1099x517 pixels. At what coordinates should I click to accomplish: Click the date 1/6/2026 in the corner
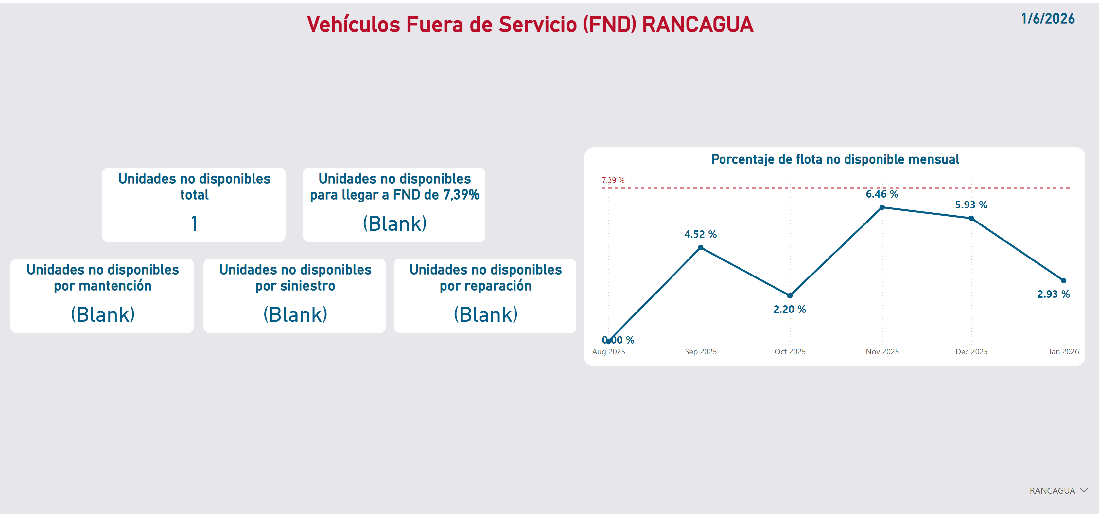[x=1048, y=19]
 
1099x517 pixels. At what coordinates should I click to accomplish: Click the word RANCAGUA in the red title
[x=698, y=24]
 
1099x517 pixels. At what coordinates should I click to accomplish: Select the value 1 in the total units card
[x=194, y=223]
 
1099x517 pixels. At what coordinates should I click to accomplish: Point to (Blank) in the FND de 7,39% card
[x=395, y=223]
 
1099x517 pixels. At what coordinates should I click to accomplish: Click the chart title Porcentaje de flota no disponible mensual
[x=835, y=159]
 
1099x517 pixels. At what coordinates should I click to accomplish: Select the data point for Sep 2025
[x=701, y=248]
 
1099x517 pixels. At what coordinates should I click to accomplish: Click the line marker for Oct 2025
[x=790, y=295]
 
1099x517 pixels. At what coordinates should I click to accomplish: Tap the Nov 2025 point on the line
[x=882, y=207]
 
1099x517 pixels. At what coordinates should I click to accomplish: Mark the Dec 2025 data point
[x=971, y=218]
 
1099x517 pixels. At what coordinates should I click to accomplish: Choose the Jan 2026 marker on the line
[x=1064, y=280]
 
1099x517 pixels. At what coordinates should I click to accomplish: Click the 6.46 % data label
[x=882, y=194]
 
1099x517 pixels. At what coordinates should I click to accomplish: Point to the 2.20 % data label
[x=790, y=309]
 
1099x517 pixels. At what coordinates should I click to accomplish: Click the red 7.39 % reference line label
[x=613, y=180]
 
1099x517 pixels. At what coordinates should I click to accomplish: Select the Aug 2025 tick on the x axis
[x=608, y=352]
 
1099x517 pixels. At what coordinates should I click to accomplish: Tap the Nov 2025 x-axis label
[x=882, y=352]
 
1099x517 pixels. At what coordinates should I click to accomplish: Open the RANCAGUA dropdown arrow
[x=1084, y=490]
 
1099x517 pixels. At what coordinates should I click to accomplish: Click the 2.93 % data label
[x=1053, y=294]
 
